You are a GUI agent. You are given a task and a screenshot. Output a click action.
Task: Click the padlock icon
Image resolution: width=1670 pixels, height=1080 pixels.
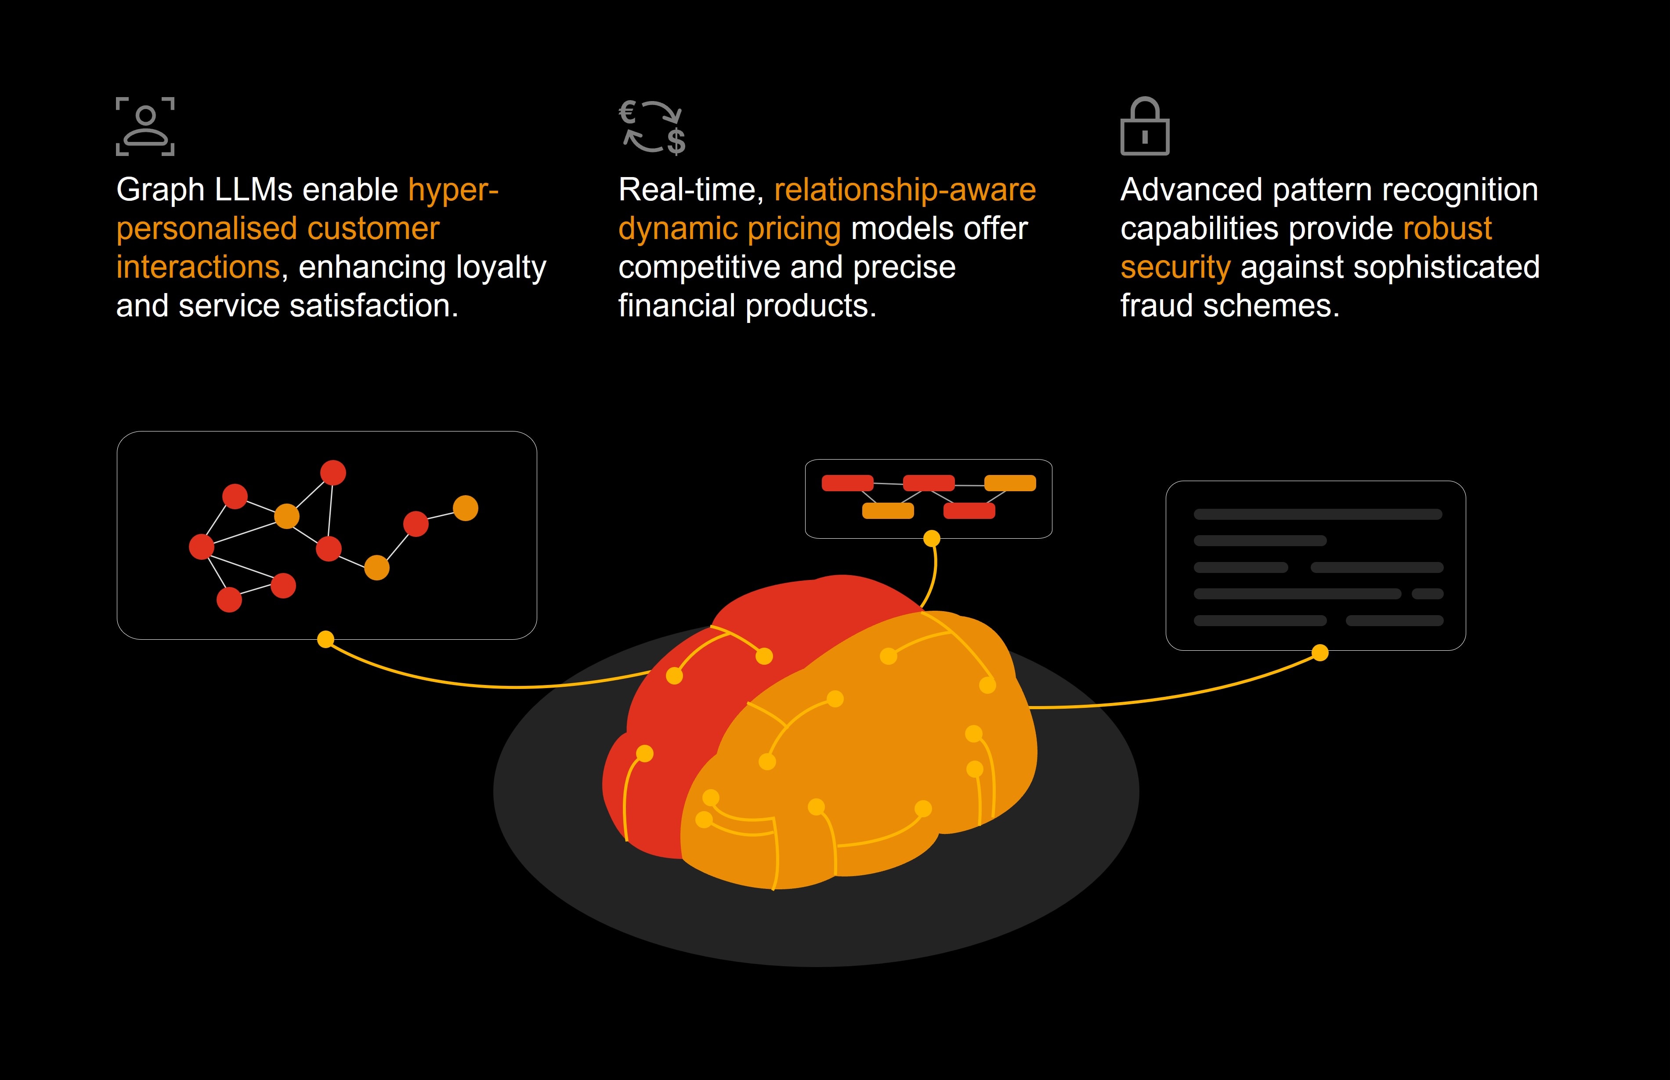1144,127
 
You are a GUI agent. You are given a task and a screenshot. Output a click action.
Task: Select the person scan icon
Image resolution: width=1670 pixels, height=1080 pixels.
145,126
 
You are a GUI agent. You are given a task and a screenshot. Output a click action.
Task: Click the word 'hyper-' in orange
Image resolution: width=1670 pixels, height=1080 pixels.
453,190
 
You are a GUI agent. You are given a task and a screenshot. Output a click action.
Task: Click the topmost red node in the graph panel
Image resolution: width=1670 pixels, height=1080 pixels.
333,473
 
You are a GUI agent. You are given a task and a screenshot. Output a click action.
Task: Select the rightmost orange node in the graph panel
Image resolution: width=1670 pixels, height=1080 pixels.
466,508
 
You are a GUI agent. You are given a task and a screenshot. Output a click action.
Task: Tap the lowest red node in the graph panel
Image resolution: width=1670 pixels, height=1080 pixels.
229,600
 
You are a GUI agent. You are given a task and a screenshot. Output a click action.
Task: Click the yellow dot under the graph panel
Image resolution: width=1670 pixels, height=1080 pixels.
325,640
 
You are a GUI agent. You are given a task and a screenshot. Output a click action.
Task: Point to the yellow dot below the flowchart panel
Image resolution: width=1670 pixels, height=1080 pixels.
932,539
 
